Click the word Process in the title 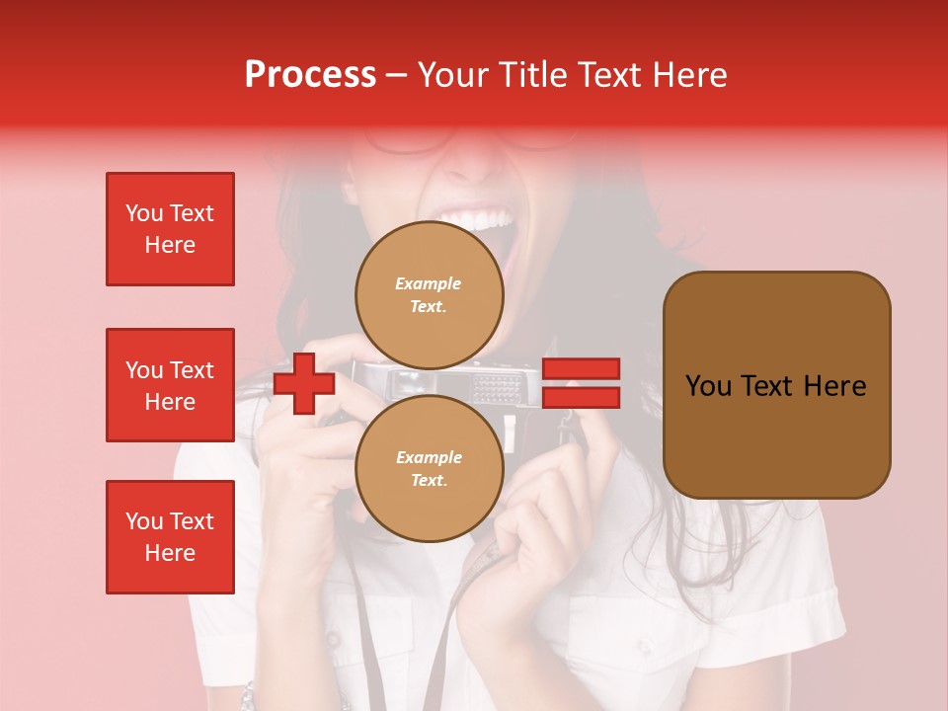click(310, 75)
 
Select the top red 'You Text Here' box click(170, 229)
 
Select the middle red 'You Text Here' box click(170, 385)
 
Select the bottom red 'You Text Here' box click(170, 537)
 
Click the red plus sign click(304, 383)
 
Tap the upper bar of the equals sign click(581, 368)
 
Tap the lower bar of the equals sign click(581, 398)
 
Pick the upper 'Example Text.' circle click(429, 294)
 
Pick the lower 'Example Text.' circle click(429, 468)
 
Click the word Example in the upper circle click(429, 283)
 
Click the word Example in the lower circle click(429, 457)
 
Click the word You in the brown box click(708, 386)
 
